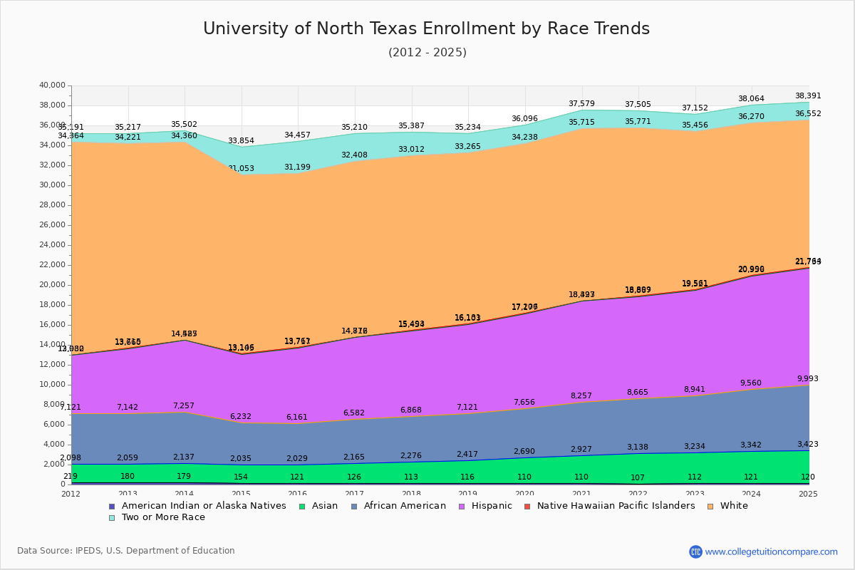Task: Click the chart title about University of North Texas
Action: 426,29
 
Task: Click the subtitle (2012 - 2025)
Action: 427,53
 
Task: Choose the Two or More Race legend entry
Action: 162,517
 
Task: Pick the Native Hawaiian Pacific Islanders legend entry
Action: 616,506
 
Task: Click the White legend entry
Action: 733,506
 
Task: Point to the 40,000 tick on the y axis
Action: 52,85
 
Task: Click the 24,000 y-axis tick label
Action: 52,245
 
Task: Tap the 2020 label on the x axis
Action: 525,494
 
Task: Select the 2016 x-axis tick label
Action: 298,494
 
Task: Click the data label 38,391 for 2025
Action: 807,95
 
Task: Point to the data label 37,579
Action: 581,104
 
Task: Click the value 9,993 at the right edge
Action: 807,379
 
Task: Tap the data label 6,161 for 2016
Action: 298,418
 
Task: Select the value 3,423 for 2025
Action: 807,445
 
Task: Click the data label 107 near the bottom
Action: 638,477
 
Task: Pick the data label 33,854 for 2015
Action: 242,141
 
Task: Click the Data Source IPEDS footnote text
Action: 126,551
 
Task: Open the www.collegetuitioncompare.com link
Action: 771,551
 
